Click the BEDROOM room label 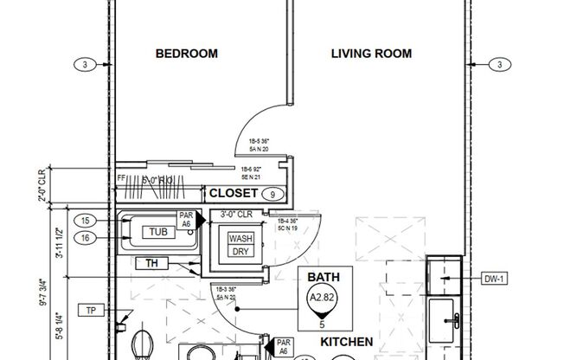186,54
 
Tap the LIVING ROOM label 371,54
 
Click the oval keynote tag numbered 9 273,194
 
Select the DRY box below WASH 241,251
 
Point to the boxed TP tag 89,310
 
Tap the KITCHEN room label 347,343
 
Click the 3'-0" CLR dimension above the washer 236,214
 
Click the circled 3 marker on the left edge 84,65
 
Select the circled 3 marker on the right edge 499,65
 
